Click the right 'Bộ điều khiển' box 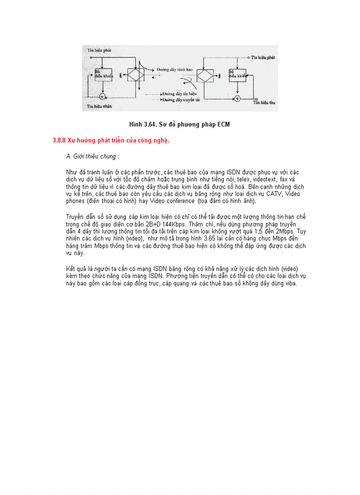coord(237,75)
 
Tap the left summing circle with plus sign coord(102,96)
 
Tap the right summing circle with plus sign coord(237,98)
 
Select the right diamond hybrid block coord(204,75)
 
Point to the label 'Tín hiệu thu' coord(265,102)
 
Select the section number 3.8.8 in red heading coord(59,141)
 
